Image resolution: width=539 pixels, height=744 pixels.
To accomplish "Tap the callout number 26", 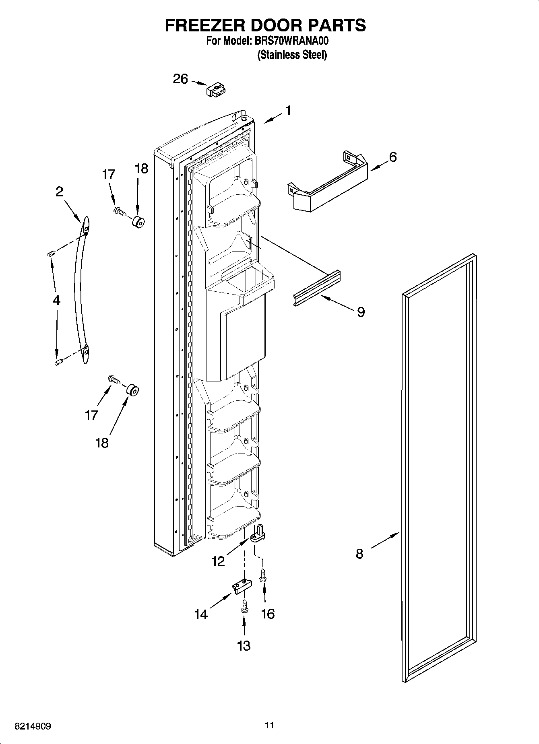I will tap(180, 79).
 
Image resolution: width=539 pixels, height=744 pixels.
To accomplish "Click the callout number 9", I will tap(361, 311).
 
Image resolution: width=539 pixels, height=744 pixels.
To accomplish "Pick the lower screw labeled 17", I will tap(114, 379).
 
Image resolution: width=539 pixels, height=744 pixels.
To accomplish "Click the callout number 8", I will tap(359, 554).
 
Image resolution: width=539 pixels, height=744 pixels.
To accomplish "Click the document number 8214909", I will tap(33, 726).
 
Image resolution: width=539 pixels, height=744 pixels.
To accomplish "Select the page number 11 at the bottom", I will tap(269, 725).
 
